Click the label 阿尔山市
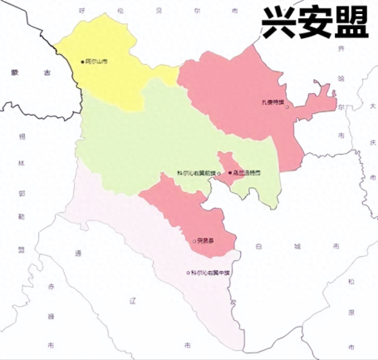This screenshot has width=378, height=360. click(x=99, y=62)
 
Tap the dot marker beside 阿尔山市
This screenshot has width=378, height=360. click(x=82, y=62)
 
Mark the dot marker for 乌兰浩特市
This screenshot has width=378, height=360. click(x=230, y=173)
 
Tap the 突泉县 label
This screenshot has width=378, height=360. click(x=206, y=241)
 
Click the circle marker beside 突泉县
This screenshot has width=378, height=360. click(x=194, y=241)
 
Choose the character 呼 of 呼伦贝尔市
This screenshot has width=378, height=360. click(x=82, y=11)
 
